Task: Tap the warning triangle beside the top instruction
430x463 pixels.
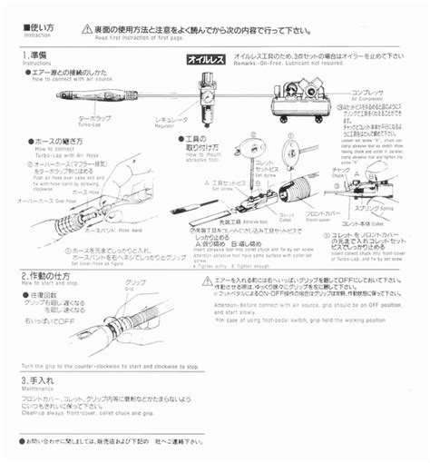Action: tap(87, 30)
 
